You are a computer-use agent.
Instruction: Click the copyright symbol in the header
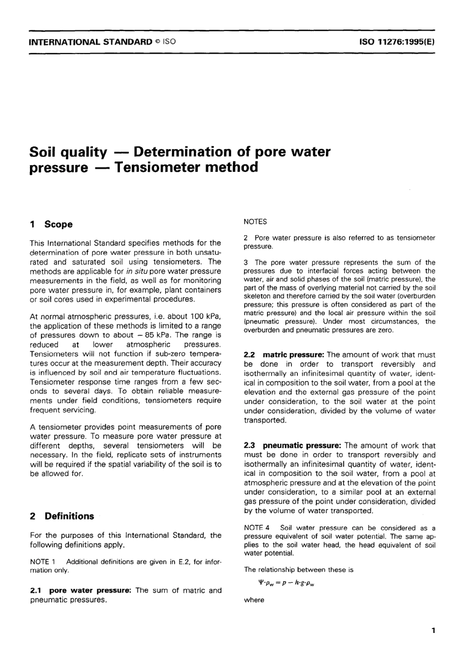point(158,42)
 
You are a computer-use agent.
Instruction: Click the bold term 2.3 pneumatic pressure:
point(292,445)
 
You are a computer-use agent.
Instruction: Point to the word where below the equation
point(254,600)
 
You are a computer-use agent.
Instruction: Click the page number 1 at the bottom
point(433,630)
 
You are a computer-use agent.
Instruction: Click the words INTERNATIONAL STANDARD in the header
point(91,42)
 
